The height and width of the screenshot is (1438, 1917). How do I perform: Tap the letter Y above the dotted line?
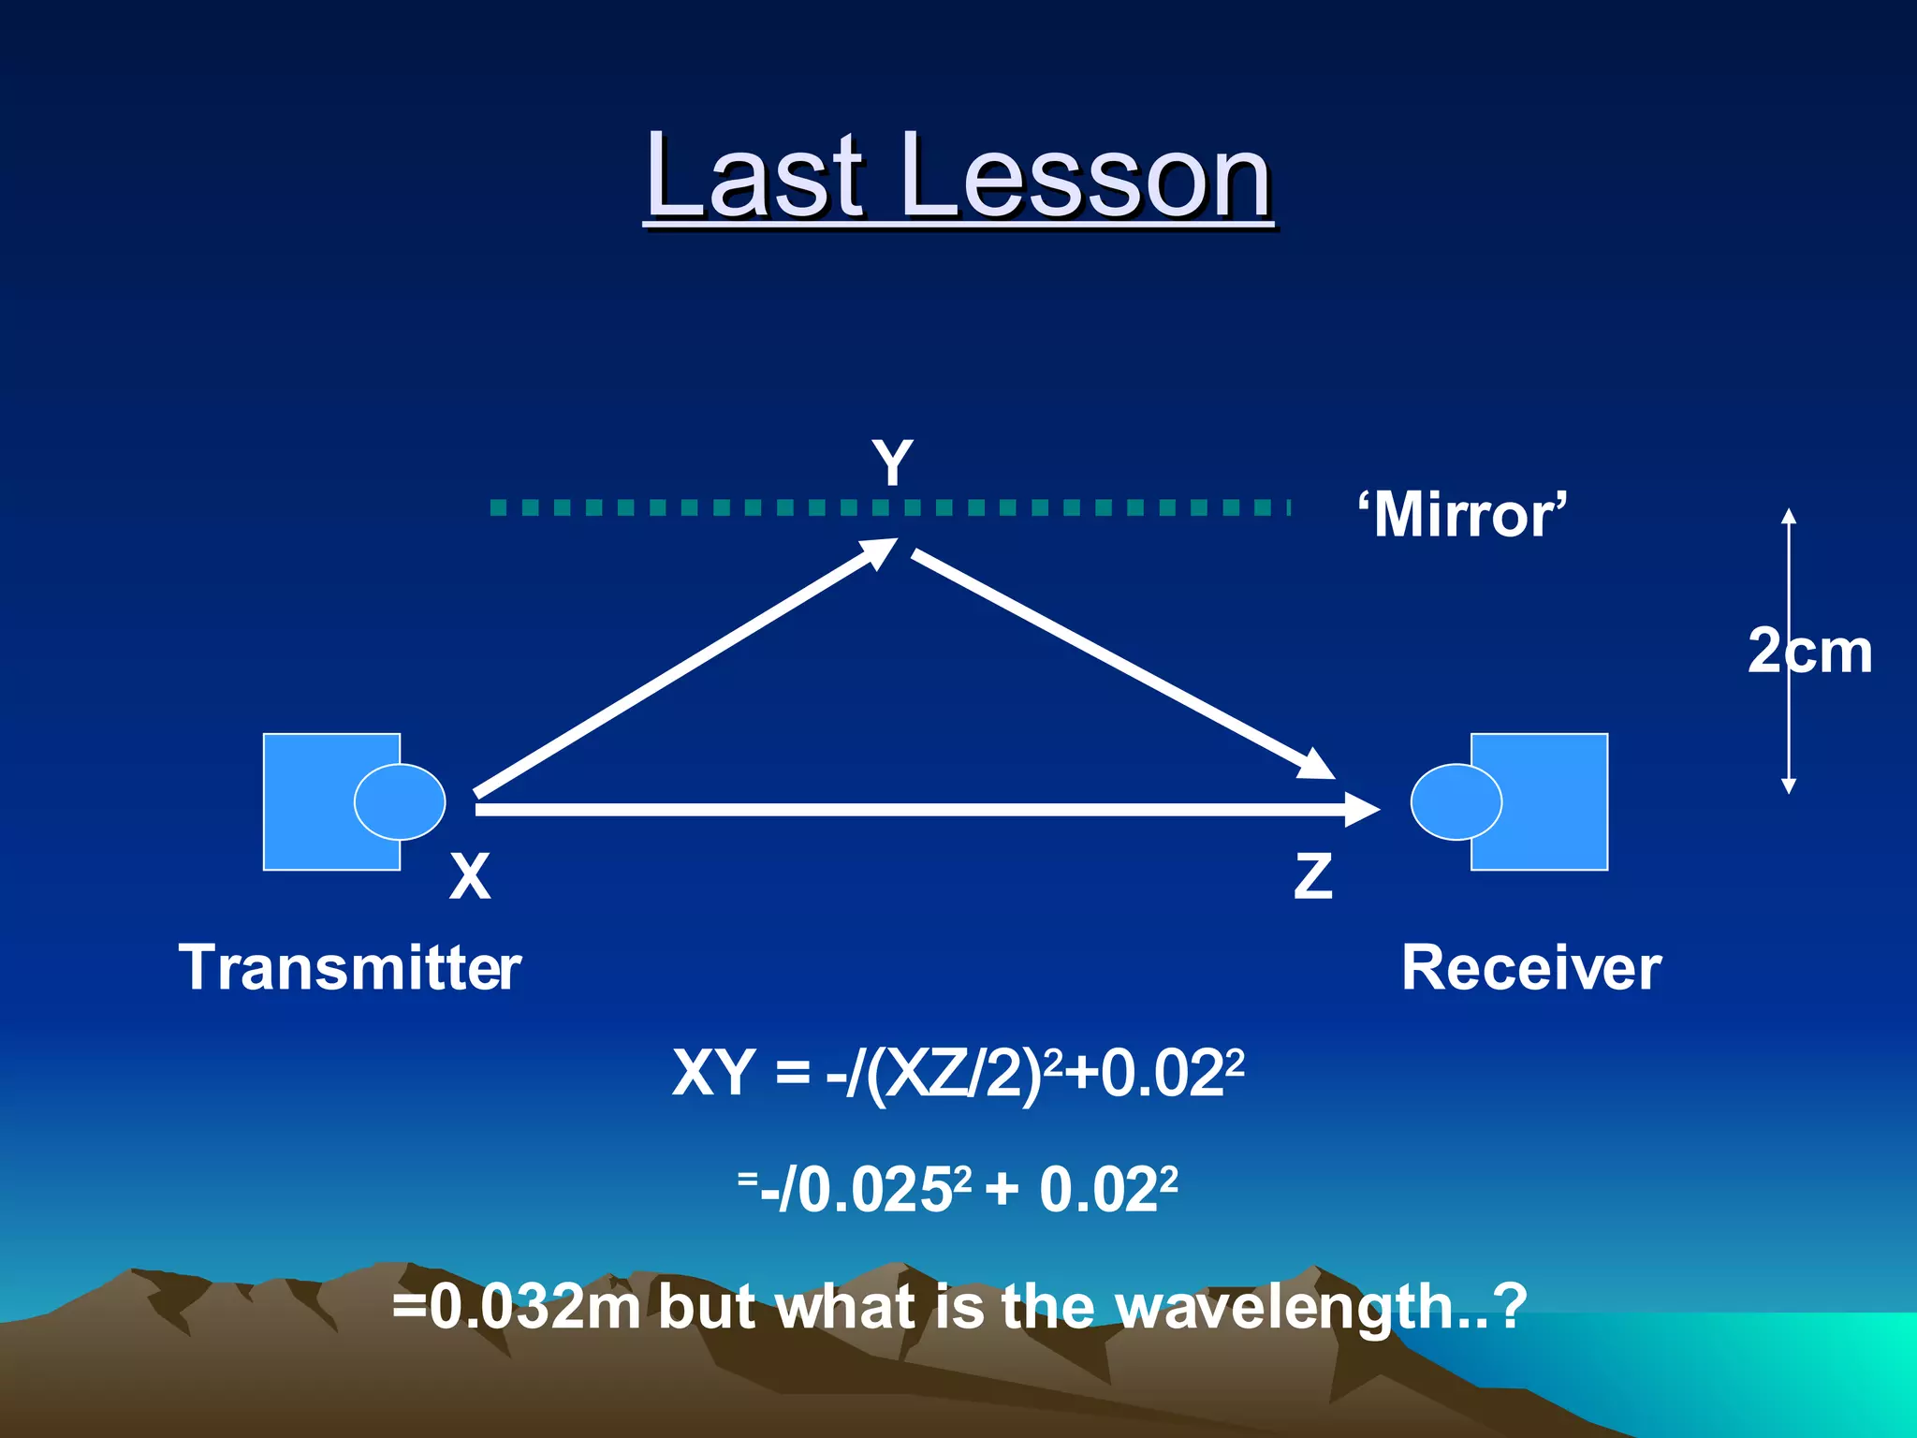tap(892, 462)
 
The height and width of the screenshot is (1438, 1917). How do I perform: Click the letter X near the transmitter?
tap(470, 877)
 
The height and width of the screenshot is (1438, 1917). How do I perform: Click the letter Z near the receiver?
tap(1312, 877)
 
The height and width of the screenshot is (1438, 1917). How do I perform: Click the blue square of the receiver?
tap(1554, 801)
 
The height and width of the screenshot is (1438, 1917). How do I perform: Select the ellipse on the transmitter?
tap(400, 801)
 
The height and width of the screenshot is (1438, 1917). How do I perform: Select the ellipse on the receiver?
tap(1456, 801)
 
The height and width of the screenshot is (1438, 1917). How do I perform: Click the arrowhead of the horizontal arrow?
tap(1362, 809)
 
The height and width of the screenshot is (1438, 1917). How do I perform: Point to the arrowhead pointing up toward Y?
tap(880, 552)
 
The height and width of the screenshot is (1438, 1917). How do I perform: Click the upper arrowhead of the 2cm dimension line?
tap(1789, 516)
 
